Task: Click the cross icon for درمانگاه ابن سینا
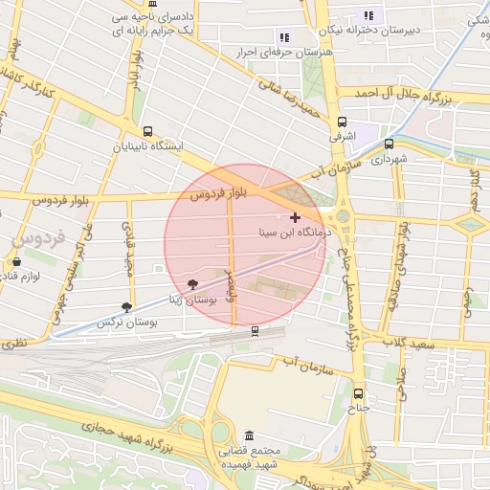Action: [295, 218]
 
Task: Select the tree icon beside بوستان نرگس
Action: [126, 307]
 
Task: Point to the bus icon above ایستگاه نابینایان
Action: [146, 131]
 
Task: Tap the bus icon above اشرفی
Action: [342, 122]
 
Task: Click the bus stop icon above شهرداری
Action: [388, 144]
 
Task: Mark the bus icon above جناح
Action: [358, 393]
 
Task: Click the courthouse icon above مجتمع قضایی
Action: [250, 435]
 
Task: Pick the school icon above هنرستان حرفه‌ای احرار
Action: [284, 37]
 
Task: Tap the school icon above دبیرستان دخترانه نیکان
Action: [368, 15]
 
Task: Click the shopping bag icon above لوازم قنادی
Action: [16, 261]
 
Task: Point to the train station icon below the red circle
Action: [254, 330]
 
